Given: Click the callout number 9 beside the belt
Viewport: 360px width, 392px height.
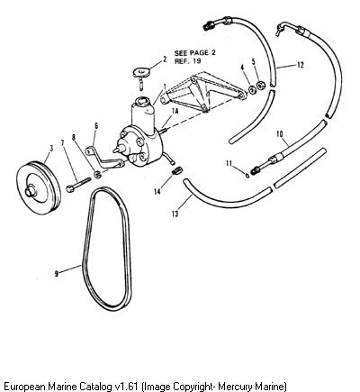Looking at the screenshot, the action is click(56, 273).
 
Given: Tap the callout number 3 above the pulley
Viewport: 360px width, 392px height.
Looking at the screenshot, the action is click(51, 148).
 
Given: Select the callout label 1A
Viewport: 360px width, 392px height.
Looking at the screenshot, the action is click(175, 111).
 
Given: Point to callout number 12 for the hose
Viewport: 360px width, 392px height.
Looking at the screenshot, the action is click(301, 65).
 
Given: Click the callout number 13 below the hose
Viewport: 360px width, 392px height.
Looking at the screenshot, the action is click(175, 214).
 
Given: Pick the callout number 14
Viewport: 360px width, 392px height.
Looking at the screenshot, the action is click(157, 191).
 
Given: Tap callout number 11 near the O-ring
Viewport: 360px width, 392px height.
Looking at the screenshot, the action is click(229, 163).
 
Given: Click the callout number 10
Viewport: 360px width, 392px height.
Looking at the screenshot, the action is click(280, 134).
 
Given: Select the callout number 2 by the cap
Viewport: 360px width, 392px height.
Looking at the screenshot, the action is click(165, 59).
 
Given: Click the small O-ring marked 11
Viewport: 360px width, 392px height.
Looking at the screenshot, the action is click(247, 176).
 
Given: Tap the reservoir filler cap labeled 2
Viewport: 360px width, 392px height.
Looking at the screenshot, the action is click(140, 73).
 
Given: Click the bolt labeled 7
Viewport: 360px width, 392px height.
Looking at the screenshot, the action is click(78, 184).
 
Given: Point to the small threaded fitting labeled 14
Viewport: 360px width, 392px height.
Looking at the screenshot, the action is click(176, 171).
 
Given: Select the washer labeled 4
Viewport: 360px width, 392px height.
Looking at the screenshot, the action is click(252, 89).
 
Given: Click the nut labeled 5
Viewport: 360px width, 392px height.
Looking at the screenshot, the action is click(261, 85).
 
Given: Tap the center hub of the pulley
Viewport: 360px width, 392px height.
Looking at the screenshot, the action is click(30, 191).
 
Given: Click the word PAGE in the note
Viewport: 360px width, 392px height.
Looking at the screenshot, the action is click(199, 53).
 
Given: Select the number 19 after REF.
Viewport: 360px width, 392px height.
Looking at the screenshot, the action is click(197, 61).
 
